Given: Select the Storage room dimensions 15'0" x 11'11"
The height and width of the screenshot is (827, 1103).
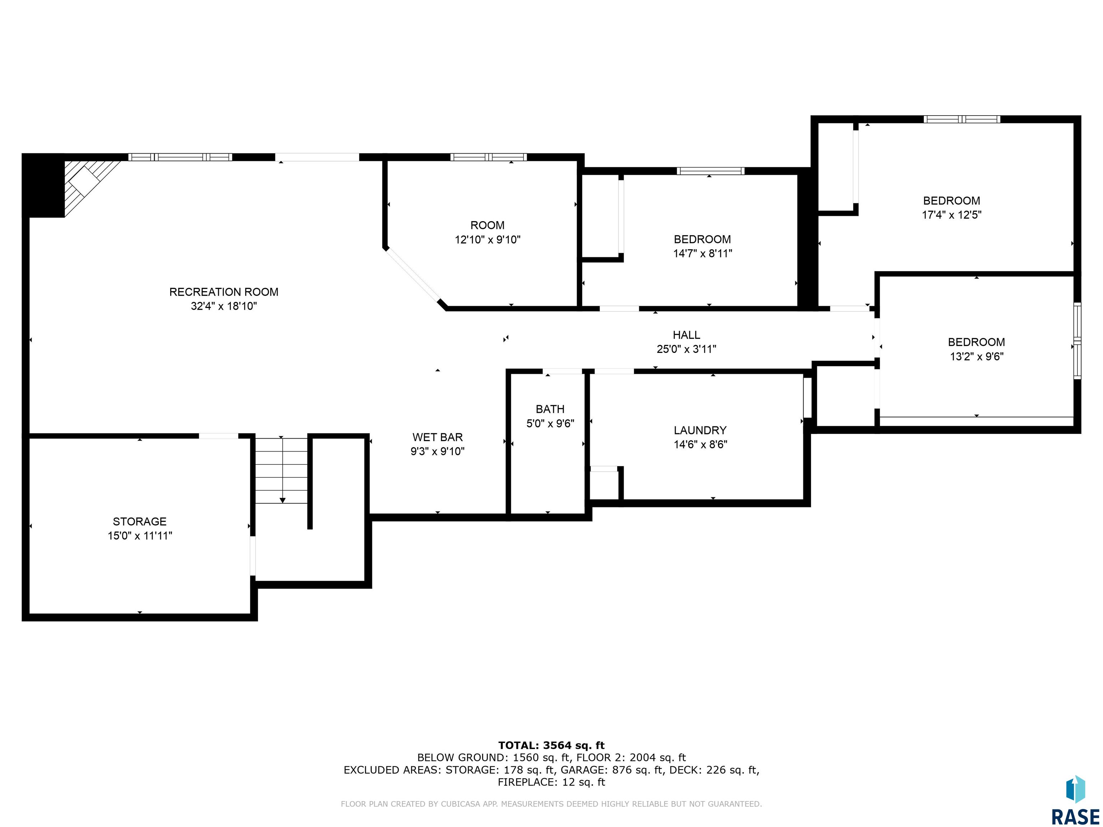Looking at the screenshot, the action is point(140,536).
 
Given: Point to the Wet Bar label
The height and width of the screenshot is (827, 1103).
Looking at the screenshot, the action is point(438,437).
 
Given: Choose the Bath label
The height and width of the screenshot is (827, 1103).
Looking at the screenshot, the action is point(550,409).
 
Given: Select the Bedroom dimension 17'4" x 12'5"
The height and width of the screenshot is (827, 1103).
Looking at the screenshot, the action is point(951,215).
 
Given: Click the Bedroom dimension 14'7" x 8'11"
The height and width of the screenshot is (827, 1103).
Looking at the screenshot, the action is point(703,253).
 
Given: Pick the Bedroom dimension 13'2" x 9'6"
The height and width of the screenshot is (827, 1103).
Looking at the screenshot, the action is point(976,356).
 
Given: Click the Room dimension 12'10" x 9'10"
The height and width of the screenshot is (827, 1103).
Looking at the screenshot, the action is point(488,239).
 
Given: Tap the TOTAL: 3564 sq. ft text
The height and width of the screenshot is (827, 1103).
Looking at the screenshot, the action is point(551,745).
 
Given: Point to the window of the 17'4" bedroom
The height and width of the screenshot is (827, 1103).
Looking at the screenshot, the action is point(962,119).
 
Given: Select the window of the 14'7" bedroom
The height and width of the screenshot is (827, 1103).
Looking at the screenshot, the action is point(710,171).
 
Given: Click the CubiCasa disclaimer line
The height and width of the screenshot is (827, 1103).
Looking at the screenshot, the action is point(551,804).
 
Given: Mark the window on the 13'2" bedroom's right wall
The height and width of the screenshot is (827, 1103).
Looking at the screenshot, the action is point(1077,341).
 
